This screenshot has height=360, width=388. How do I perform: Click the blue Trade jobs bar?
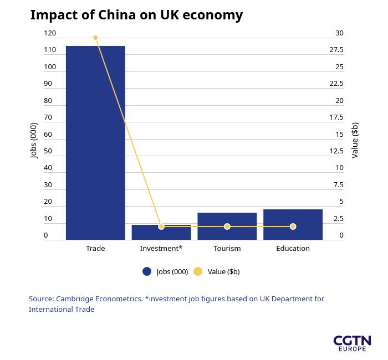click(x=95, y=143)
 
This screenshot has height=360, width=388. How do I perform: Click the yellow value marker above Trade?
click(x=95, y=38)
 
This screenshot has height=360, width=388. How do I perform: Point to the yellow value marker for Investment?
click(x=161, y=227)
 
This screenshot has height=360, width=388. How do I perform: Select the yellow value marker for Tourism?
click(x=227, y=227)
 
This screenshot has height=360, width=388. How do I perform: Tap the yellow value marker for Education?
click(x=293, y=227)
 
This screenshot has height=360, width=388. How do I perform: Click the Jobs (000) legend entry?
click(x=166, y=271)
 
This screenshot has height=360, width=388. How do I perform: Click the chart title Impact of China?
click(x=136, y=15)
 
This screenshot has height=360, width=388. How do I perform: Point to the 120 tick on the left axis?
click(x=50, y=33)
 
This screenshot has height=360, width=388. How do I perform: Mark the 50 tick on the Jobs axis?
click(x=48, y=151)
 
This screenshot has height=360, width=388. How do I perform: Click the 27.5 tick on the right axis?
click(x=336, y=50)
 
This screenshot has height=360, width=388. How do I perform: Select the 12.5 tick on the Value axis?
click(x=336, y=151)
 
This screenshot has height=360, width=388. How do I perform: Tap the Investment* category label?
click(x=161, y=248)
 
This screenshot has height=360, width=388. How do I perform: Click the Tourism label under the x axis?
click(x=227, y=248)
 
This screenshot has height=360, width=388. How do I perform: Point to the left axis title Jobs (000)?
click(x=34, y=140)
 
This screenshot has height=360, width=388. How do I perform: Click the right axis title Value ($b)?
click(x=355, y=140)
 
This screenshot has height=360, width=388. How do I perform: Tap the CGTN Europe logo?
click(x=352, y=343)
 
